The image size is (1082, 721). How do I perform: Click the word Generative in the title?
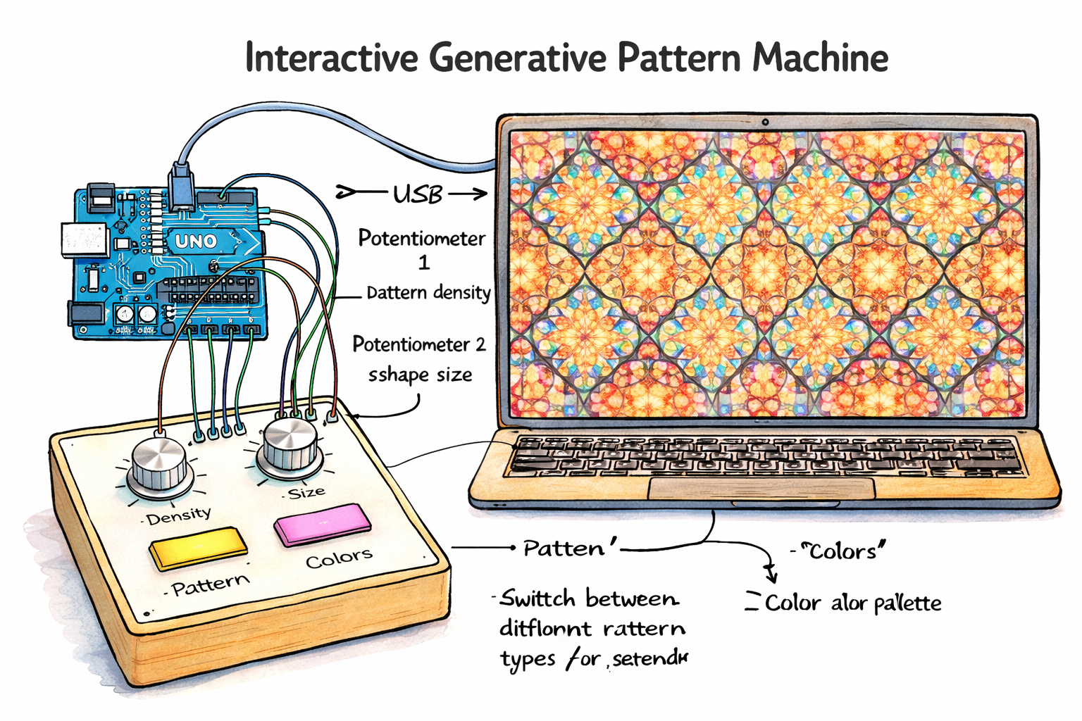[x=517, y=58]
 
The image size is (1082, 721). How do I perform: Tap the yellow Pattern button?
[x=198, y=547]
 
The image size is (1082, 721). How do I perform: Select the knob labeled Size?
[x=290, y=446]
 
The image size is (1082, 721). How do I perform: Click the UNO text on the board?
[x=195, y=242]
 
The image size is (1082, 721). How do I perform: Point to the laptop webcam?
[x=765, y=122]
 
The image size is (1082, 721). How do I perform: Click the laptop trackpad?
[x=761, y=488]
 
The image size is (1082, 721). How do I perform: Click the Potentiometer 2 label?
[x=418, y=344]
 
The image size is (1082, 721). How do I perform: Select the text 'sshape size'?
[x=420, y=375]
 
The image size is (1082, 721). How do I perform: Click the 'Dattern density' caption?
[x=428, y=292]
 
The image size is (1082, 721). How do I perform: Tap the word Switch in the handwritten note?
[x=537, y=599]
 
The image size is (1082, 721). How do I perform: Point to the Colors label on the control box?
[x=339, y=558]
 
